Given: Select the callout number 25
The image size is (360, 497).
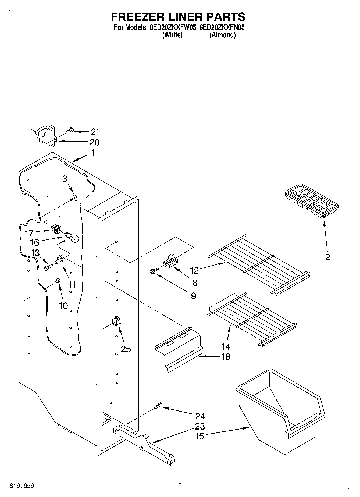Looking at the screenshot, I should pos(126,349).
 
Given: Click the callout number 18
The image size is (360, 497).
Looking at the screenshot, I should pos(226,357).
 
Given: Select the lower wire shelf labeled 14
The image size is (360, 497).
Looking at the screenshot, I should pos(253,320).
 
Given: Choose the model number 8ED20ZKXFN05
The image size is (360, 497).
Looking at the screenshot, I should pos(222,27).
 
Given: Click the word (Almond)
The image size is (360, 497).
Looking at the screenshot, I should pos(222,35).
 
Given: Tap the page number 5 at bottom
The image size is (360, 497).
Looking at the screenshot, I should pos(180,485).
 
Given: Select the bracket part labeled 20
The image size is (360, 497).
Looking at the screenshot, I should pos(46,137).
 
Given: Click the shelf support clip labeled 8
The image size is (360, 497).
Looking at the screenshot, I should pos(170,261).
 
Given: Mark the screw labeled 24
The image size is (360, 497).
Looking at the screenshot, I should pos(159,406).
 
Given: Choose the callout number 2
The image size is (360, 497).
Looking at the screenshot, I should pos(327,257).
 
